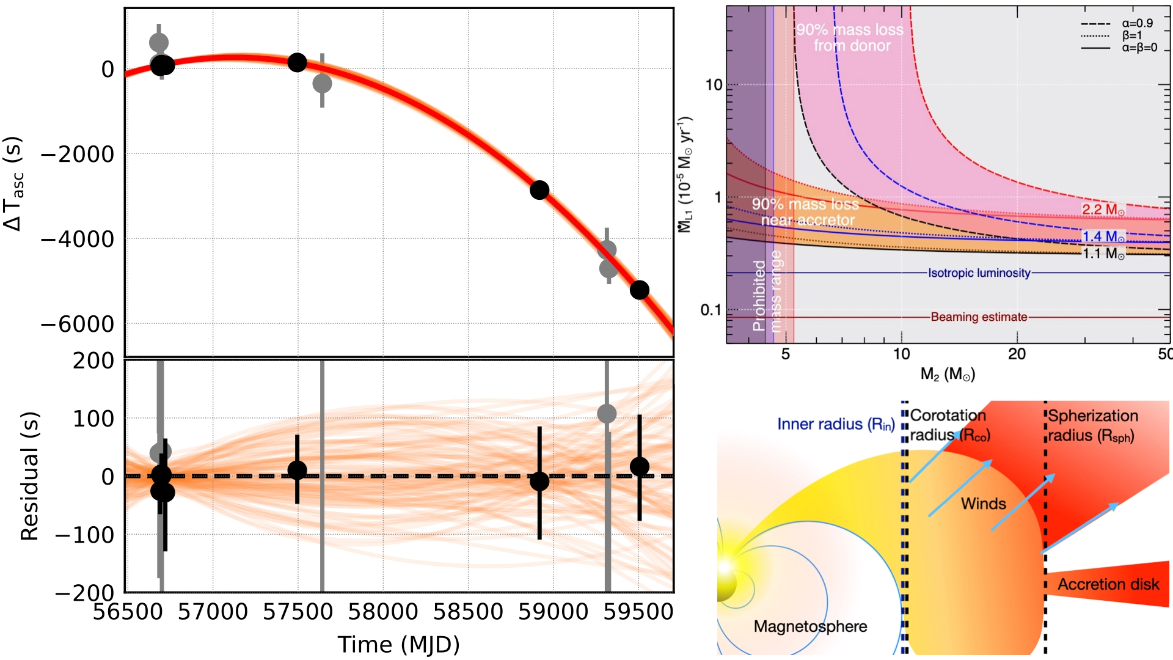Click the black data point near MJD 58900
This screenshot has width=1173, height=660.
tap(539, 190)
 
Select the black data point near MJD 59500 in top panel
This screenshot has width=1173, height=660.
tap(639, 290)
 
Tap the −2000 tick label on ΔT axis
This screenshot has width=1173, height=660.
tap(78, 155)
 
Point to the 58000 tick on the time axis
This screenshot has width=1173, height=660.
tap(383, 611)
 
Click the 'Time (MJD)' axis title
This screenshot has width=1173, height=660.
tap(398, 644)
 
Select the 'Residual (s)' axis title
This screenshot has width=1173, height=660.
tap(29, 476)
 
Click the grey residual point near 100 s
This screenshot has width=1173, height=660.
tap(607, 414)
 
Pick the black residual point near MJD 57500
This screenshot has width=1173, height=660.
tap(297, 470)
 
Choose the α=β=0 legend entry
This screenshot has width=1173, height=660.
tap(1139, 48)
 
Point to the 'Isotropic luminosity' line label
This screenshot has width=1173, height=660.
tap(979, 273)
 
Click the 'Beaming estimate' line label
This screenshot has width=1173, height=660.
tap(979, 317)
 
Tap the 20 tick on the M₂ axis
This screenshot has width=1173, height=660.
tap(1017, 354)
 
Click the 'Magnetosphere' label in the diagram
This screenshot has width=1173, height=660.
tap(810, 626)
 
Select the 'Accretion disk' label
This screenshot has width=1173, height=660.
tap(1108, 584)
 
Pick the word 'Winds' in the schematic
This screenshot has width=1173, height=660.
tap(983, 504)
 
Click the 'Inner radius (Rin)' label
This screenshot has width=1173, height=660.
tap(836, 424)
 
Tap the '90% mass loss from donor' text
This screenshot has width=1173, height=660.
tap(850, 37)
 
